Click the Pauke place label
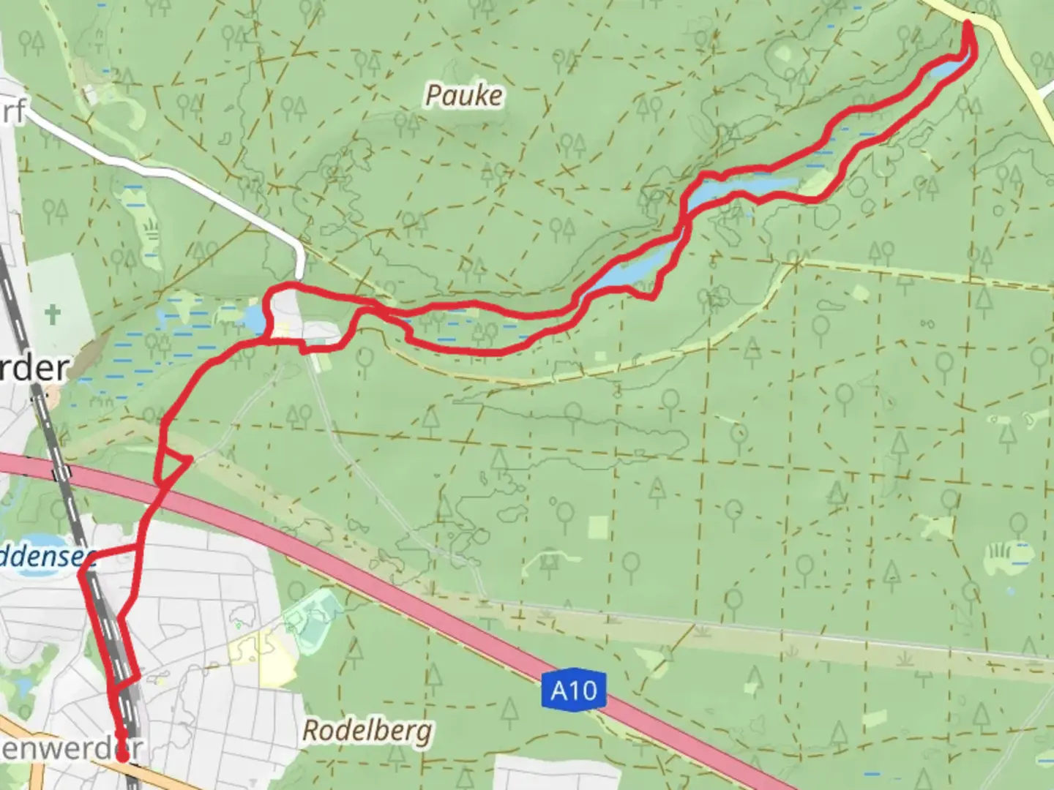464,96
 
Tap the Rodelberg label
367,731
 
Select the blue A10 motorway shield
573,691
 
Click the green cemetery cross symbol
52,315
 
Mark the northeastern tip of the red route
968,25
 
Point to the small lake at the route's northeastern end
949,69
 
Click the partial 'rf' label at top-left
12,111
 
